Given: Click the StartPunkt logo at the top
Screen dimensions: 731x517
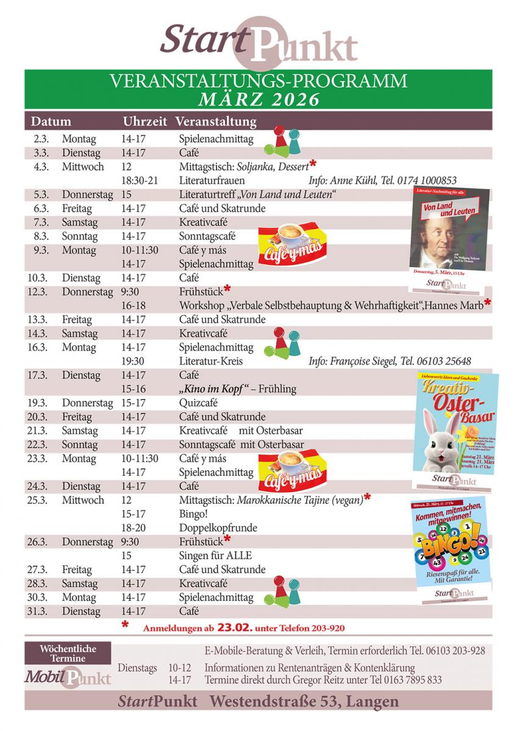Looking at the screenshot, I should click(x=258, y=43).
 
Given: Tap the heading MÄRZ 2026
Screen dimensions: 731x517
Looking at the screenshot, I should click(x=258, y=99).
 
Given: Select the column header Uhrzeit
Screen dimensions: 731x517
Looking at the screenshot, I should click(x=144, y=121).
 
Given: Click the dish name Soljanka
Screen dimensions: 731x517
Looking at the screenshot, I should click(x=257, y=167).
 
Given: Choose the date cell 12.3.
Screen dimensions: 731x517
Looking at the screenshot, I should click(x=38, y=292).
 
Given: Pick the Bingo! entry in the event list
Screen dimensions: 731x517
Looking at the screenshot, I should click(x=193, y=514).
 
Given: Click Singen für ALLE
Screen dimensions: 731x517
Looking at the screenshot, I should click(x=215, y=556).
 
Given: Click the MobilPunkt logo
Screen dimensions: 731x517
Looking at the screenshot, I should click(x=68, y=677).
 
